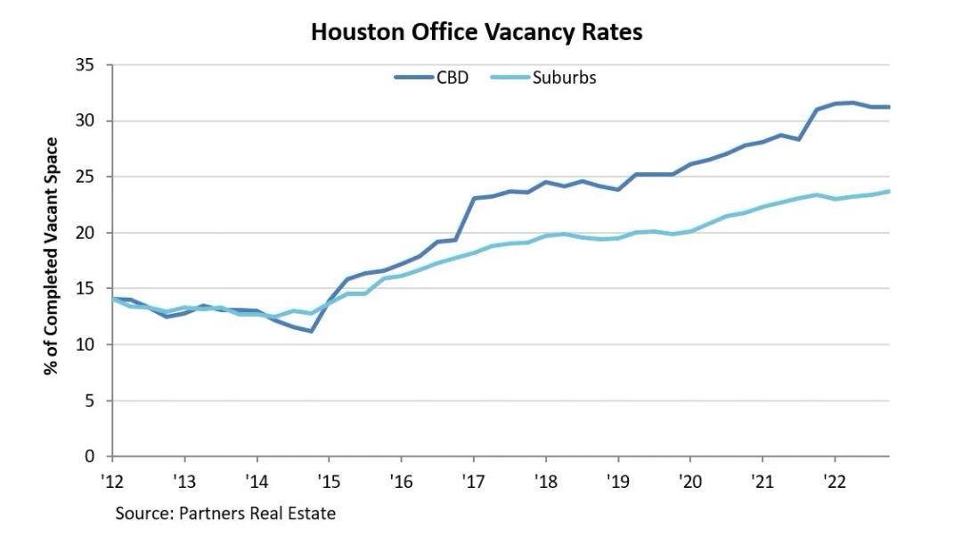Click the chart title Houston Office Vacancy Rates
pyautogui.click(x=477, y=32)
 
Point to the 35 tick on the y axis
pyautogui.click(x=87, y=65)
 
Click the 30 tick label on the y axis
pyautogui.click(x=87, y=121)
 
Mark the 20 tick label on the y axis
pyautogui.click(x=87, y=233)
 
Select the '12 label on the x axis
pyautogui.click(x=111, y=481)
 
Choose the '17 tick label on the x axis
pyautogui.click(x=472, y=481)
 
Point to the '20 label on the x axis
pyautogui.click(x=689, y=481)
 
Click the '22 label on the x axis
pyautogui.click(x=833, y=481)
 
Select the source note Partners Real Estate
pyautogui.click(x=225, y=514)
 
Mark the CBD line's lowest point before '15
pyautogui.click(x=310, y=331)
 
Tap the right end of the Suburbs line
pyautogui.click(x=889, y=191)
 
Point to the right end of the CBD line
pyautogui.click(x=889, y=107)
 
